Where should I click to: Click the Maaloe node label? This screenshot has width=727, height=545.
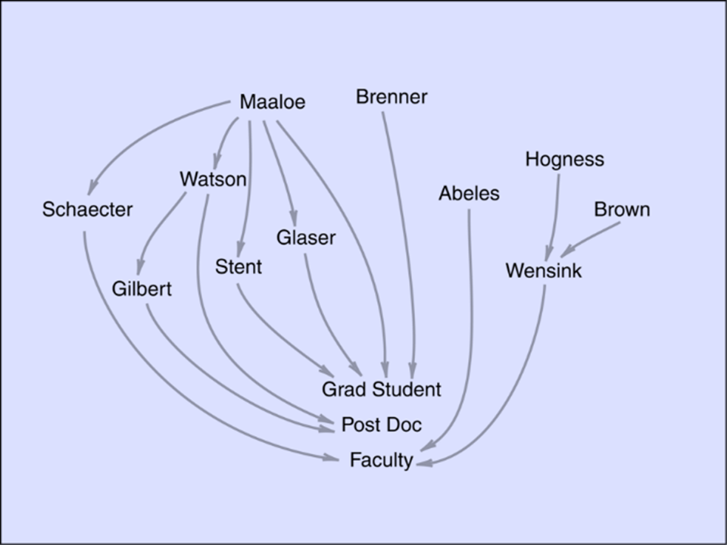point(272,102)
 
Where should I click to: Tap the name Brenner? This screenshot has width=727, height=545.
point(392,97)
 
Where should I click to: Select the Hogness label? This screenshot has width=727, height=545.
point(564,160)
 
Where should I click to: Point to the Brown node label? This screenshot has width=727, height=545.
point(622,210)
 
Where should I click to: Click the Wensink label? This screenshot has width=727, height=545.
point(544,271)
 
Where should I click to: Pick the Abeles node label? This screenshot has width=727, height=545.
point(469,194)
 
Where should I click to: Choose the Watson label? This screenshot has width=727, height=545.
point(213,179)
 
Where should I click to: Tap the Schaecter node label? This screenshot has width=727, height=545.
point(87,210)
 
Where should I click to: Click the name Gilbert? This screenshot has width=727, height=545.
point(142,289)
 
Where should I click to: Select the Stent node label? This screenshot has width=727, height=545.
point(239,267)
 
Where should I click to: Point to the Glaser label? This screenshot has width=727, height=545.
point(305,238)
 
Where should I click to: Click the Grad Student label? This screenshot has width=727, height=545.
point(381,390)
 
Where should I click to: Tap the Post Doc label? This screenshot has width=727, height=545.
point(381,425)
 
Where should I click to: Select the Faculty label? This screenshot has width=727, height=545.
point(381,460)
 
